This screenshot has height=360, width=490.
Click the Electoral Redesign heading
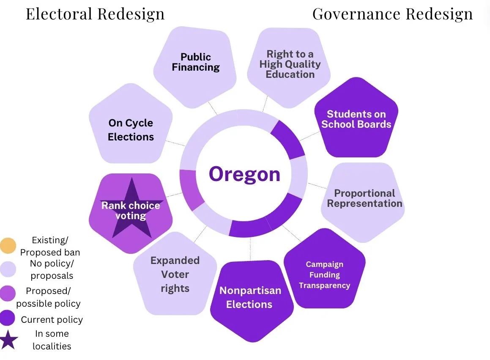pos(95,14)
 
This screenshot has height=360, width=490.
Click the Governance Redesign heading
pos(392,14)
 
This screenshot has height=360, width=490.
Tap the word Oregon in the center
pos(244,174)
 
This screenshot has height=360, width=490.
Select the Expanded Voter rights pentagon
pos(175,275)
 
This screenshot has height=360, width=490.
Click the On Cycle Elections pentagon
pos(131,129)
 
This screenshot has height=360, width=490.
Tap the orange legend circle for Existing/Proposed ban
pos(8,245)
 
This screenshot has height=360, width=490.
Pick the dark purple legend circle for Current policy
pos(8,319)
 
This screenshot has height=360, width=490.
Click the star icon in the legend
pos(8,340)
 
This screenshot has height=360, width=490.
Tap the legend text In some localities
pos(52,340)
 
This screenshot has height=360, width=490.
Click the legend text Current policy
pos(52,319)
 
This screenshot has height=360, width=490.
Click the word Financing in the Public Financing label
pos(195,67)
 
